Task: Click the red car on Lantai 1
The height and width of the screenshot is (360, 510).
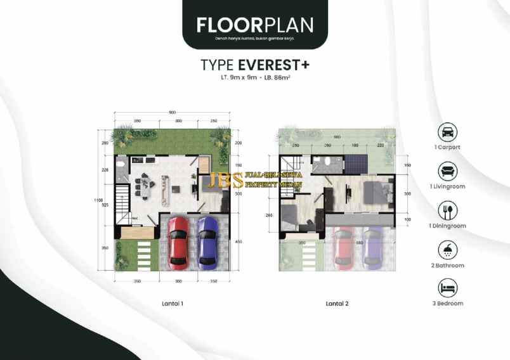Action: click(178, 241)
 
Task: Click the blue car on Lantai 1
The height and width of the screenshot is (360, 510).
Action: click(207, 241)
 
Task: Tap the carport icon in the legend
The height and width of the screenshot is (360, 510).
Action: click(447, 132)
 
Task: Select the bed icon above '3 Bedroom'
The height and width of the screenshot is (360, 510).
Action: click(447, 289)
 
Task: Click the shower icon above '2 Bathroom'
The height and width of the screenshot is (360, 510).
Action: click(447, 250)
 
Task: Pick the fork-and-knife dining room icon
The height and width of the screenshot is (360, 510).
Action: click(447, 210)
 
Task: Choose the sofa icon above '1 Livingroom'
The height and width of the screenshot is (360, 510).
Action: click(447, 171)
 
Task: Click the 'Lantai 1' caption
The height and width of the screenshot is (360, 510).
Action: click(172, 304)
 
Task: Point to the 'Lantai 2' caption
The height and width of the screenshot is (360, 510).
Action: click(337, 304)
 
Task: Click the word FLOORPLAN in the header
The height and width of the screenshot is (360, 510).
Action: click(254, 25)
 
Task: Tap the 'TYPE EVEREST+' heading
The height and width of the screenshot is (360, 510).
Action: click(254, 65)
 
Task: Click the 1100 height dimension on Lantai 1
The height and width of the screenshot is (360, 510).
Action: click(98, 201)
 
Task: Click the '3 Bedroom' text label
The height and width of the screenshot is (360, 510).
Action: click(447, 304)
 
